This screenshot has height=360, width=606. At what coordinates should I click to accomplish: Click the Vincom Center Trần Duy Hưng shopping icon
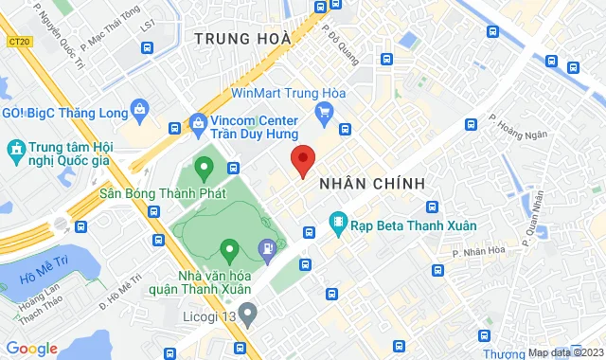pyautogui.click(x=198, y=122)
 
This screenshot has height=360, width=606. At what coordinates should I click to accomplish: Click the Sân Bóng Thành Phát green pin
pyautogui.click(x=203, y=170)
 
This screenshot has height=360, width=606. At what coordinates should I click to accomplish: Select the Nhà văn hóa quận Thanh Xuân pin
pyautogui.click(x=228, y=251)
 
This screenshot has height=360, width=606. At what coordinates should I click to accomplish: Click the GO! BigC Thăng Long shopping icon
pyautogui.click(x=140, y=111)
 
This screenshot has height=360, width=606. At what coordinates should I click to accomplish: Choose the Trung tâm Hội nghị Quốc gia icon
pyautogui.click(x=16, y=150)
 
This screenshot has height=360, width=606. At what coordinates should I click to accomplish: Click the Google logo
pyautogui.click(x=31, y=349)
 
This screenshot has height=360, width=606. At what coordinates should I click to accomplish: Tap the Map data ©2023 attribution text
pyautogui.click(x=564, y=353)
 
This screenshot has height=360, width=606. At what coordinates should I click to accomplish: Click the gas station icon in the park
pyautogui.click(x=268, y=249)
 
